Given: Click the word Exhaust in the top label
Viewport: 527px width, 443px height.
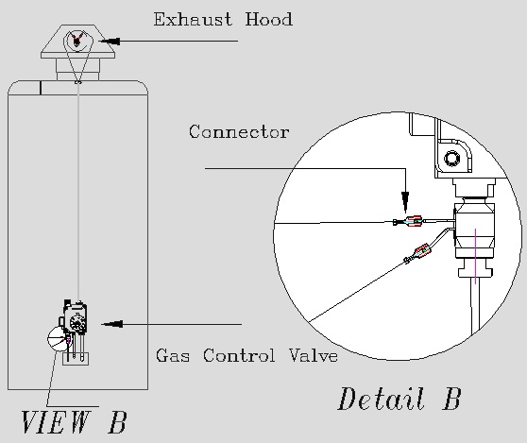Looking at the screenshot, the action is pos(193,19).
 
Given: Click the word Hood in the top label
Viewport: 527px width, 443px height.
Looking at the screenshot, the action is pos(268,19).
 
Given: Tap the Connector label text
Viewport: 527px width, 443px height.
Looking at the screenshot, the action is pos(239,131).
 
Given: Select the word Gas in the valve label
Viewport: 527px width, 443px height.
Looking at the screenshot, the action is pos(173,355).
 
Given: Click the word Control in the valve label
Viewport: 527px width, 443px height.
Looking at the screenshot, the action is pos(239,355).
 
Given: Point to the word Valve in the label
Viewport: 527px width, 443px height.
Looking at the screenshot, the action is pos(314,355).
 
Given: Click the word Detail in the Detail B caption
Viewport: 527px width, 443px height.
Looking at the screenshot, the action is pos(380,399).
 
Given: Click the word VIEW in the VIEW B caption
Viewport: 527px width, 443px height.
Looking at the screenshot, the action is pos(56,422).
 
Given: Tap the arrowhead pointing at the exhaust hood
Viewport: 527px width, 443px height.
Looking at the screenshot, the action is pos(110,42).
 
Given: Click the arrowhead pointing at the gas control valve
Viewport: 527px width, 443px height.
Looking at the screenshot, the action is pos(112,324).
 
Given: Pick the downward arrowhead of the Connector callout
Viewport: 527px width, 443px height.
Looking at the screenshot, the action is pos(406,202).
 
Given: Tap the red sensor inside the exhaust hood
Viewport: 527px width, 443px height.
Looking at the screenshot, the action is pos(76,40).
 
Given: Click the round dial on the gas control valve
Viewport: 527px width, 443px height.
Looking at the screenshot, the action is pos(77,323).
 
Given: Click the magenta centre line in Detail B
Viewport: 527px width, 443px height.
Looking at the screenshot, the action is pos(475,256).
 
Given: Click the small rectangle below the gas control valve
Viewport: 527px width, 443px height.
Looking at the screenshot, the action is pos(76,359).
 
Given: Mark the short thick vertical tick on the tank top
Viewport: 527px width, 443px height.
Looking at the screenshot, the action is pos(41,88).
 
